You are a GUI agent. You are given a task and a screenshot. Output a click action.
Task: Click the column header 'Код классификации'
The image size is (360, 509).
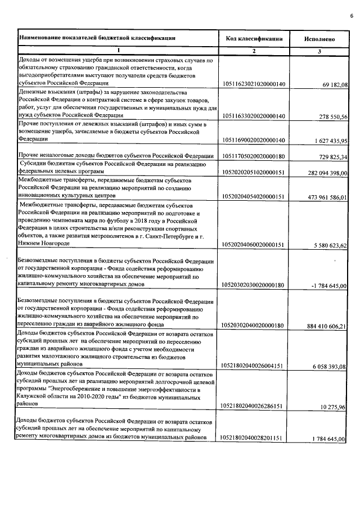[254, 39]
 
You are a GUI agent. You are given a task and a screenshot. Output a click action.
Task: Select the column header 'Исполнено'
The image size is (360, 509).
[319, 39]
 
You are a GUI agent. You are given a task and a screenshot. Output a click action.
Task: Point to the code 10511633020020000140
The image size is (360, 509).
[254, 116]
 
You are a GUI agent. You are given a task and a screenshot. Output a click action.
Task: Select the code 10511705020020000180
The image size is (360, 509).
[254, 155]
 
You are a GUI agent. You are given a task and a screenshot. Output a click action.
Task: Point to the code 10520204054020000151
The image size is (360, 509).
[254, 196]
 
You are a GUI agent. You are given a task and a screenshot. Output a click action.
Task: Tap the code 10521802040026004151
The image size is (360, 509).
[254, 366]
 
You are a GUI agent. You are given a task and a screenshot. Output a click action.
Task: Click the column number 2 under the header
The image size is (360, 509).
[254, 51]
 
